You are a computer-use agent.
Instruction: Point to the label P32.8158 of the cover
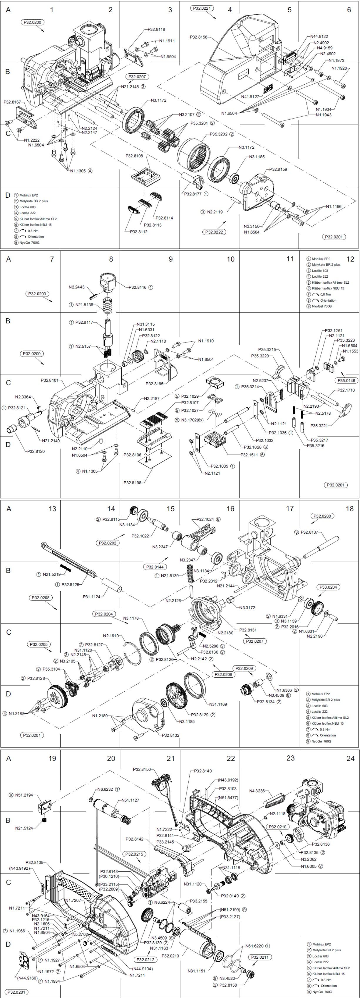pos(199,37)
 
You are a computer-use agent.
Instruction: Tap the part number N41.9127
pos(250,96)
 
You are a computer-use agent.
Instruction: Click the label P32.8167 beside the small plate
pos(12,102)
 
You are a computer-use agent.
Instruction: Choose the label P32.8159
pos(279,169)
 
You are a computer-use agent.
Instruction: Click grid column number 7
pos(52,259)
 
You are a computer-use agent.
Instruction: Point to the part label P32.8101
pos(50,380)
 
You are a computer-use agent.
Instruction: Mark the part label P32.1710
pos(346,390)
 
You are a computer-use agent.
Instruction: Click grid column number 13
pos(52,509)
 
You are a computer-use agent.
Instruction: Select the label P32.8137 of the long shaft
pos(309,532)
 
